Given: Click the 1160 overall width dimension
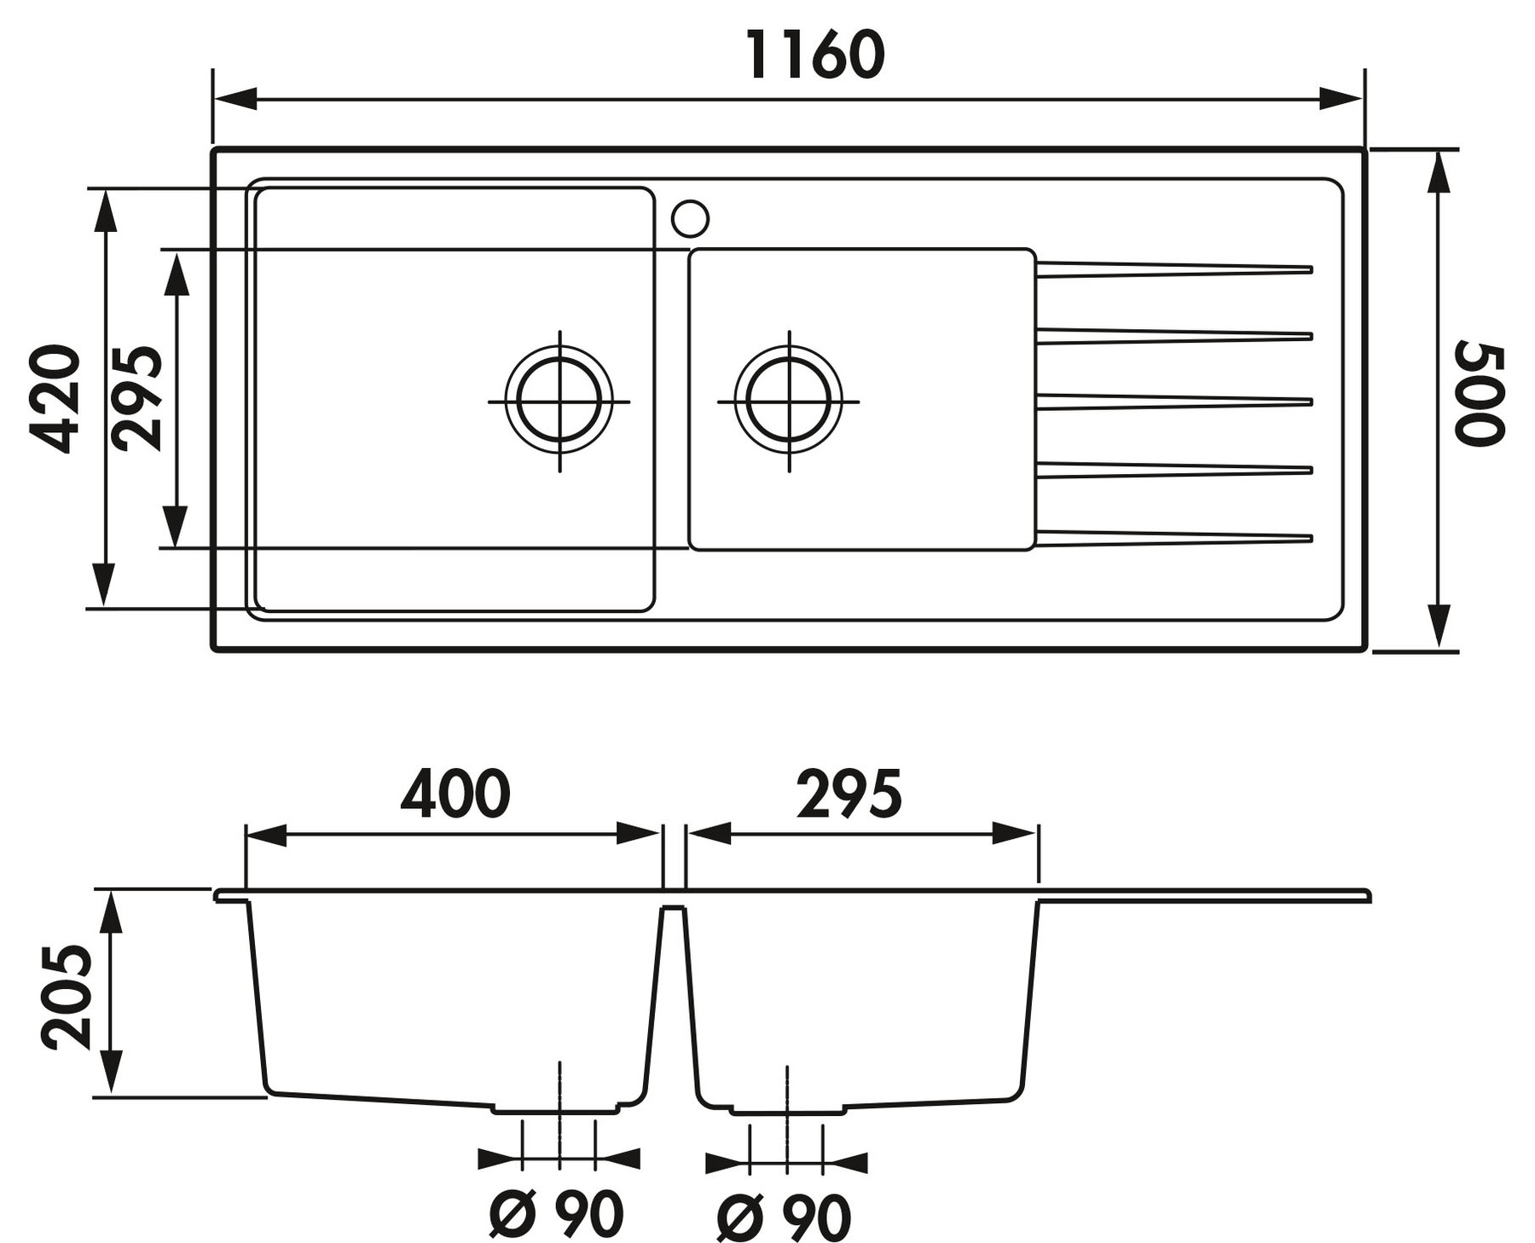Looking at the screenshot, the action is pyautogui.click(x=815, y=55).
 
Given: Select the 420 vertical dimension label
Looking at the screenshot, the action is pyautogui.click(x=54, y=398).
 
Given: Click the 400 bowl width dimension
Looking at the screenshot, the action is pyautogui.click(x=455, y=793).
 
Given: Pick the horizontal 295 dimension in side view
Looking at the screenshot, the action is pyautogui.click(x=849, y=793).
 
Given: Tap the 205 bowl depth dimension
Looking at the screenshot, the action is pyautogui.click(x=66, y=996).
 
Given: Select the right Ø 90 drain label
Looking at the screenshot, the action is pyautogui.click(x=784, y=1216).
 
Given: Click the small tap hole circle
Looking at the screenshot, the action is pyautogui.click(x=690, y=218).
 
